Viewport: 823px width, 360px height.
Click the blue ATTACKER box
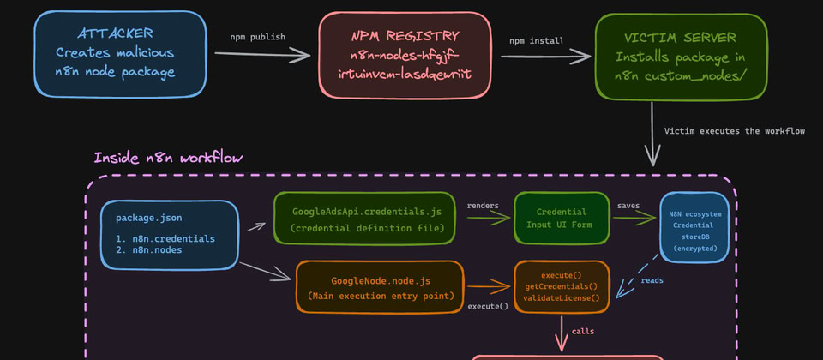tap(120, 53)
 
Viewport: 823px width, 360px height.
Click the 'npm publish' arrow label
tap(258, 37)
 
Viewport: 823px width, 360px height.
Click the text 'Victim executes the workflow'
tap(735, 131)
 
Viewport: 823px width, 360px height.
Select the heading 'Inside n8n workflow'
tap(168, 158)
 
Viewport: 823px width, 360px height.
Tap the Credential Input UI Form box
tap(561, 219)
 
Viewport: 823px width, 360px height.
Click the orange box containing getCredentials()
tap(562, 285)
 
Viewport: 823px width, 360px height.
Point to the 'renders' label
tap(483, 206)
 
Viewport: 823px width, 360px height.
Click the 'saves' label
tap(629, 206)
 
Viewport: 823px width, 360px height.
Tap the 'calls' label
tap(583, 330)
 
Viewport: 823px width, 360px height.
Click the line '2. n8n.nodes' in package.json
tap(154, 251)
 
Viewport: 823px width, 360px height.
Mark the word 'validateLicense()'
tap(562, 297)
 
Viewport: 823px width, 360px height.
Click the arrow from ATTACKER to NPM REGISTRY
tap(261, 55)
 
